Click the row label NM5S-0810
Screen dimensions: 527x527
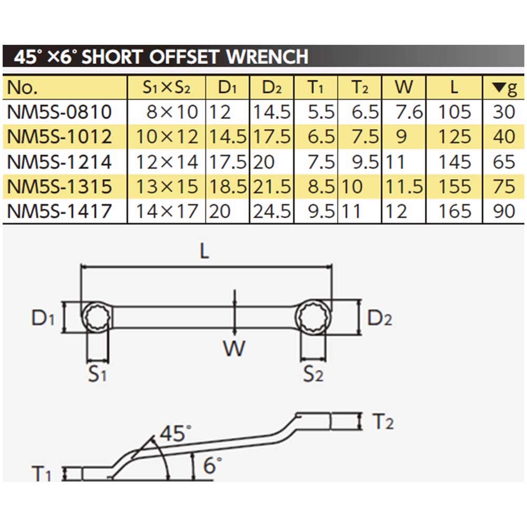60,112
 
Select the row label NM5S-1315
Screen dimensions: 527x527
60,187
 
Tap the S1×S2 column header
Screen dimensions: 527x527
167,87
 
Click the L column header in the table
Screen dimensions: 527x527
454,87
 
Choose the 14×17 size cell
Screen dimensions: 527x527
167,211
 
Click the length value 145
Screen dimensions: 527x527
454,162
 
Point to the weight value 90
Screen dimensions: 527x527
504,211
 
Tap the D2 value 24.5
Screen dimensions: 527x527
272,211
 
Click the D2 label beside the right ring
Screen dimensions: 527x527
379,318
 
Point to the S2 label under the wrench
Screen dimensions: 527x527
313,375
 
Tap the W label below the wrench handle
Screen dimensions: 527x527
234,348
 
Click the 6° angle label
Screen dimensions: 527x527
211,465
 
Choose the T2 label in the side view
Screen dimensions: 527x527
383,422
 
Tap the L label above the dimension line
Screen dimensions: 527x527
205,251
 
